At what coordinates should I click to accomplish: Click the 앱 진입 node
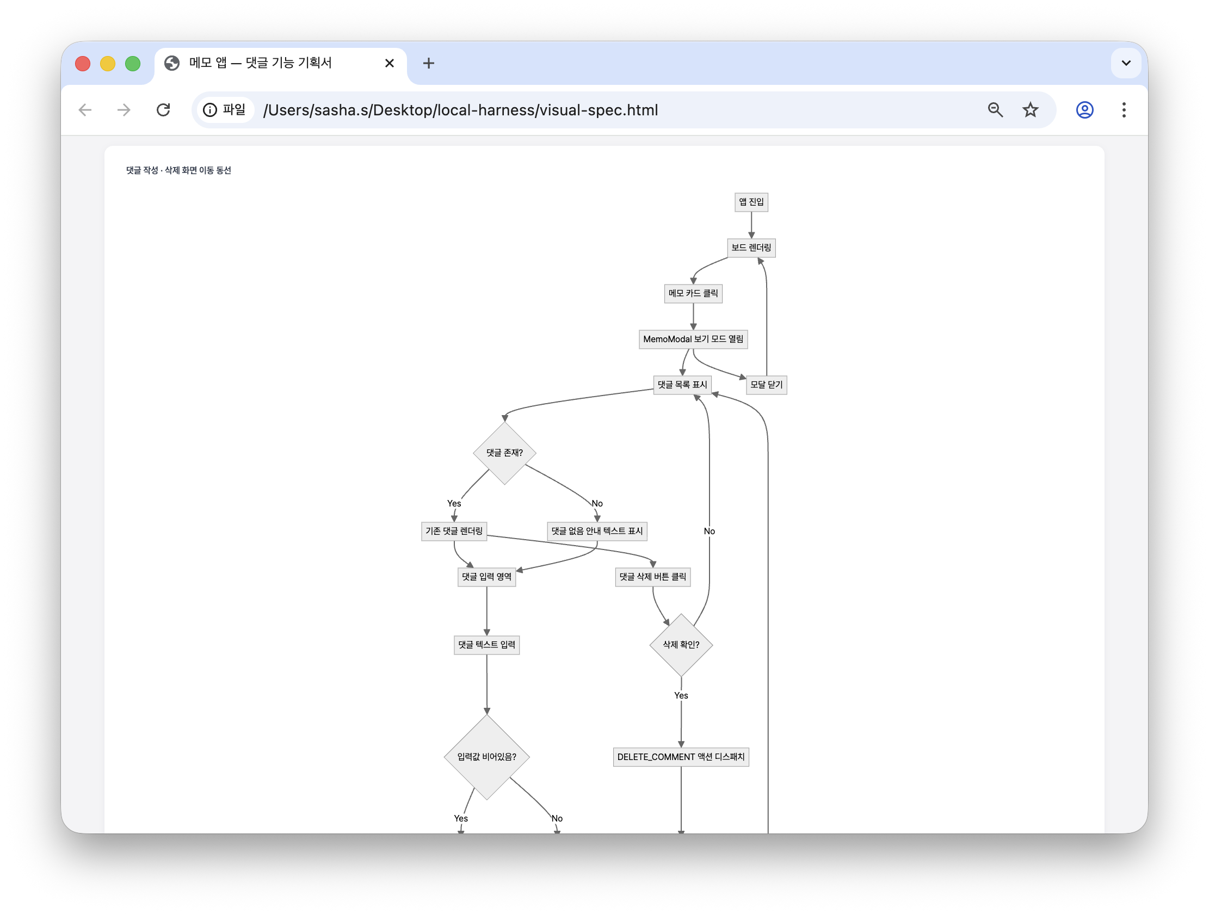751,202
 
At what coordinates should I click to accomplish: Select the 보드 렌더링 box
751,248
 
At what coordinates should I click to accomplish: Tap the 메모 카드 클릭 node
693,294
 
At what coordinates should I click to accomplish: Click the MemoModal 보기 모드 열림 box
693,339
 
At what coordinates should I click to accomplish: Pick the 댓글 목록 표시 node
682,385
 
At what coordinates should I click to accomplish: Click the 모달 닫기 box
766,385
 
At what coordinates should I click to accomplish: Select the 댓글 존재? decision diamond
504,453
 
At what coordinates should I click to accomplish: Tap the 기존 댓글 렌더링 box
454,531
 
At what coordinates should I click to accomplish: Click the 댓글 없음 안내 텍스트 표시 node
597,531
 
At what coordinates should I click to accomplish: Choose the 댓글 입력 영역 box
486,577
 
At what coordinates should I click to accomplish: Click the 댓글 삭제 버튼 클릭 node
652,577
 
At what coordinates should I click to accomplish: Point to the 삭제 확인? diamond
681,645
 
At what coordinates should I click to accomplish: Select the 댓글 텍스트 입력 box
486,645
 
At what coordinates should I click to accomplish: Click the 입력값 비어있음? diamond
486,757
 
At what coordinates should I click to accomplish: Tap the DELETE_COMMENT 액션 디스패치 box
681,757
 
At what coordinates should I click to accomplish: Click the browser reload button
163,110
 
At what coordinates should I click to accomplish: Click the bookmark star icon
1031,110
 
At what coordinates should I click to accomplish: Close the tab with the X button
390,64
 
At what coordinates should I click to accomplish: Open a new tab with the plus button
429,64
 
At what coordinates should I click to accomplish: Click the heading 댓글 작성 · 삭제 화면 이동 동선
178,170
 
